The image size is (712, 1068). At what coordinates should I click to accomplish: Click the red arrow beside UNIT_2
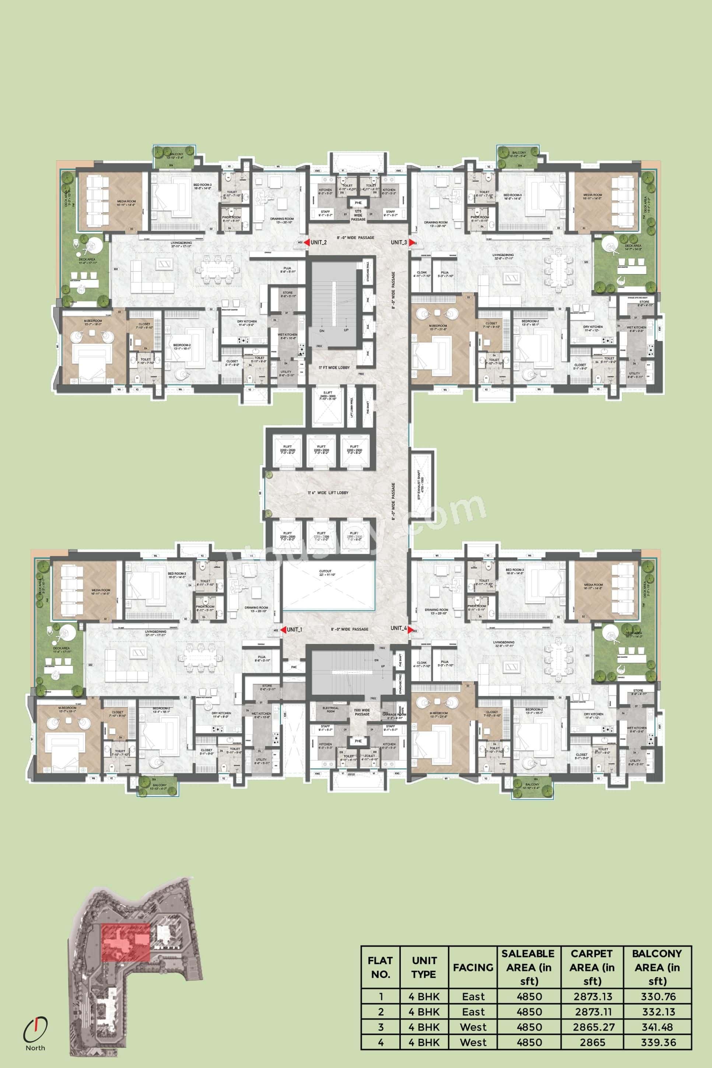306,242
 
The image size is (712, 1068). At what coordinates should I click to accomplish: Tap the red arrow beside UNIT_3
412,242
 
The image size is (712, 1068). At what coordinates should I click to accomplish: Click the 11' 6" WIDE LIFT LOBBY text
328,493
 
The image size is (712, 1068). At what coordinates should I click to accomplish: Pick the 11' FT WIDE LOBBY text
334,367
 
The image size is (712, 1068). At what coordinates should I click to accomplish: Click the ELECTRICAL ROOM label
330,709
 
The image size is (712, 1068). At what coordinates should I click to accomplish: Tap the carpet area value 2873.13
593,997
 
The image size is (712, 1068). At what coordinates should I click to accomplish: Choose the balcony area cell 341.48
658,1027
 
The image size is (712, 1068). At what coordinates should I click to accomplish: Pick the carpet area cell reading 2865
593,1043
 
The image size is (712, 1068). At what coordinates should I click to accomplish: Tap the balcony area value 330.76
658,997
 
